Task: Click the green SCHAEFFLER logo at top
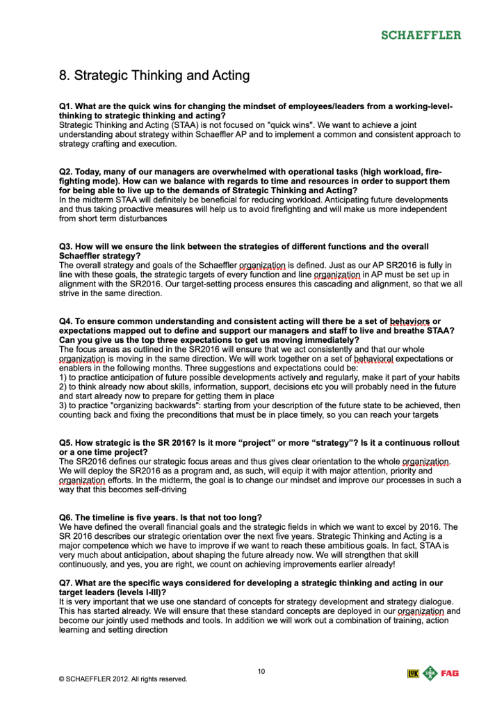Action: (x=420, y=35)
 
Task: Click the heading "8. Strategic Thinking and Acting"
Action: (x=154, y=75)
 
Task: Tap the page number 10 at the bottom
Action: (x=261, y=671)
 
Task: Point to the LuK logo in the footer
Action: (x=414, y=673)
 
